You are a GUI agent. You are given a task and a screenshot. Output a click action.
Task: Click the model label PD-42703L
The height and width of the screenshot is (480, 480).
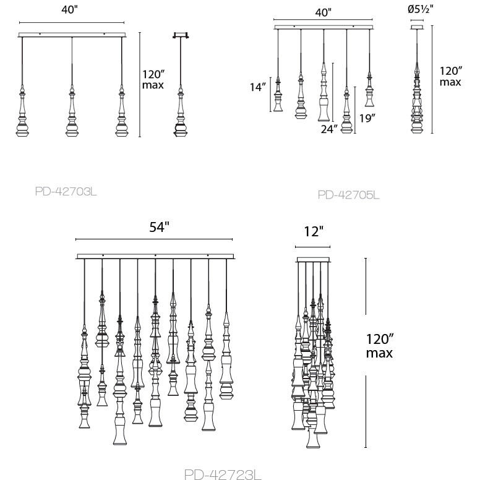(66, 191)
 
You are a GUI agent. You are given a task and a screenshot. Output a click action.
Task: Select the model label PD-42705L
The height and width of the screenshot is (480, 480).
(348, 195)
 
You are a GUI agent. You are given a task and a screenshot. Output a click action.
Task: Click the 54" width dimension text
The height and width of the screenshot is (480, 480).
(159, 227)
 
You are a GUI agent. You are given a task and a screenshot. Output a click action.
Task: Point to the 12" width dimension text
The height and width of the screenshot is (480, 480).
(314, 231)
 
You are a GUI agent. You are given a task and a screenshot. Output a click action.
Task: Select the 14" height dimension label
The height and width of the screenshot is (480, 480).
(257, 87)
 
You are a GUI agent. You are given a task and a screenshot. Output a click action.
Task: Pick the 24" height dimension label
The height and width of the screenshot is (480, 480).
(329, 129)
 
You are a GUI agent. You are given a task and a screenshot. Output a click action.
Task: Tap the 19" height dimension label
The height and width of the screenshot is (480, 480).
(367, 118)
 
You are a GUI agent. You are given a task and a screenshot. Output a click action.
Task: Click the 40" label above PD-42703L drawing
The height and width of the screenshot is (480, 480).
(69, 10)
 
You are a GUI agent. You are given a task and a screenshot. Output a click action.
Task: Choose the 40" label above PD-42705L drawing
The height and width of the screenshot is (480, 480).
(322, 12)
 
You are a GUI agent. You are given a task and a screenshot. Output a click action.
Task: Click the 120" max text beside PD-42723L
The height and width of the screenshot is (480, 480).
(379, 346)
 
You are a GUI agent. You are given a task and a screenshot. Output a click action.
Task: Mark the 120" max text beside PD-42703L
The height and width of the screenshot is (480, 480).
(153, 79)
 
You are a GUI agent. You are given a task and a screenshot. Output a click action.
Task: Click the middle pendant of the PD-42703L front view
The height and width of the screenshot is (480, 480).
(72, 111)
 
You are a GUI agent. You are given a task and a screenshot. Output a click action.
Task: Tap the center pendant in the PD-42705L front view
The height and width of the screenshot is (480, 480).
(324, 93)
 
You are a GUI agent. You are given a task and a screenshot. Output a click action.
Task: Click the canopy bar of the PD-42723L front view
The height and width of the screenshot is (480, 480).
(155, 256)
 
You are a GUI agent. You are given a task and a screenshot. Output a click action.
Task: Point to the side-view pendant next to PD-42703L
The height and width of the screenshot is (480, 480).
(181, 111)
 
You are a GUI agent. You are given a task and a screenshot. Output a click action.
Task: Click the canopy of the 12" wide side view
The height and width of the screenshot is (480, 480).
(313, 259)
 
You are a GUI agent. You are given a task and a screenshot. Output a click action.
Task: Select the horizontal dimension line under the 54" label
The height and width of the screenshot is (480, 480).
(154, 239)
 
